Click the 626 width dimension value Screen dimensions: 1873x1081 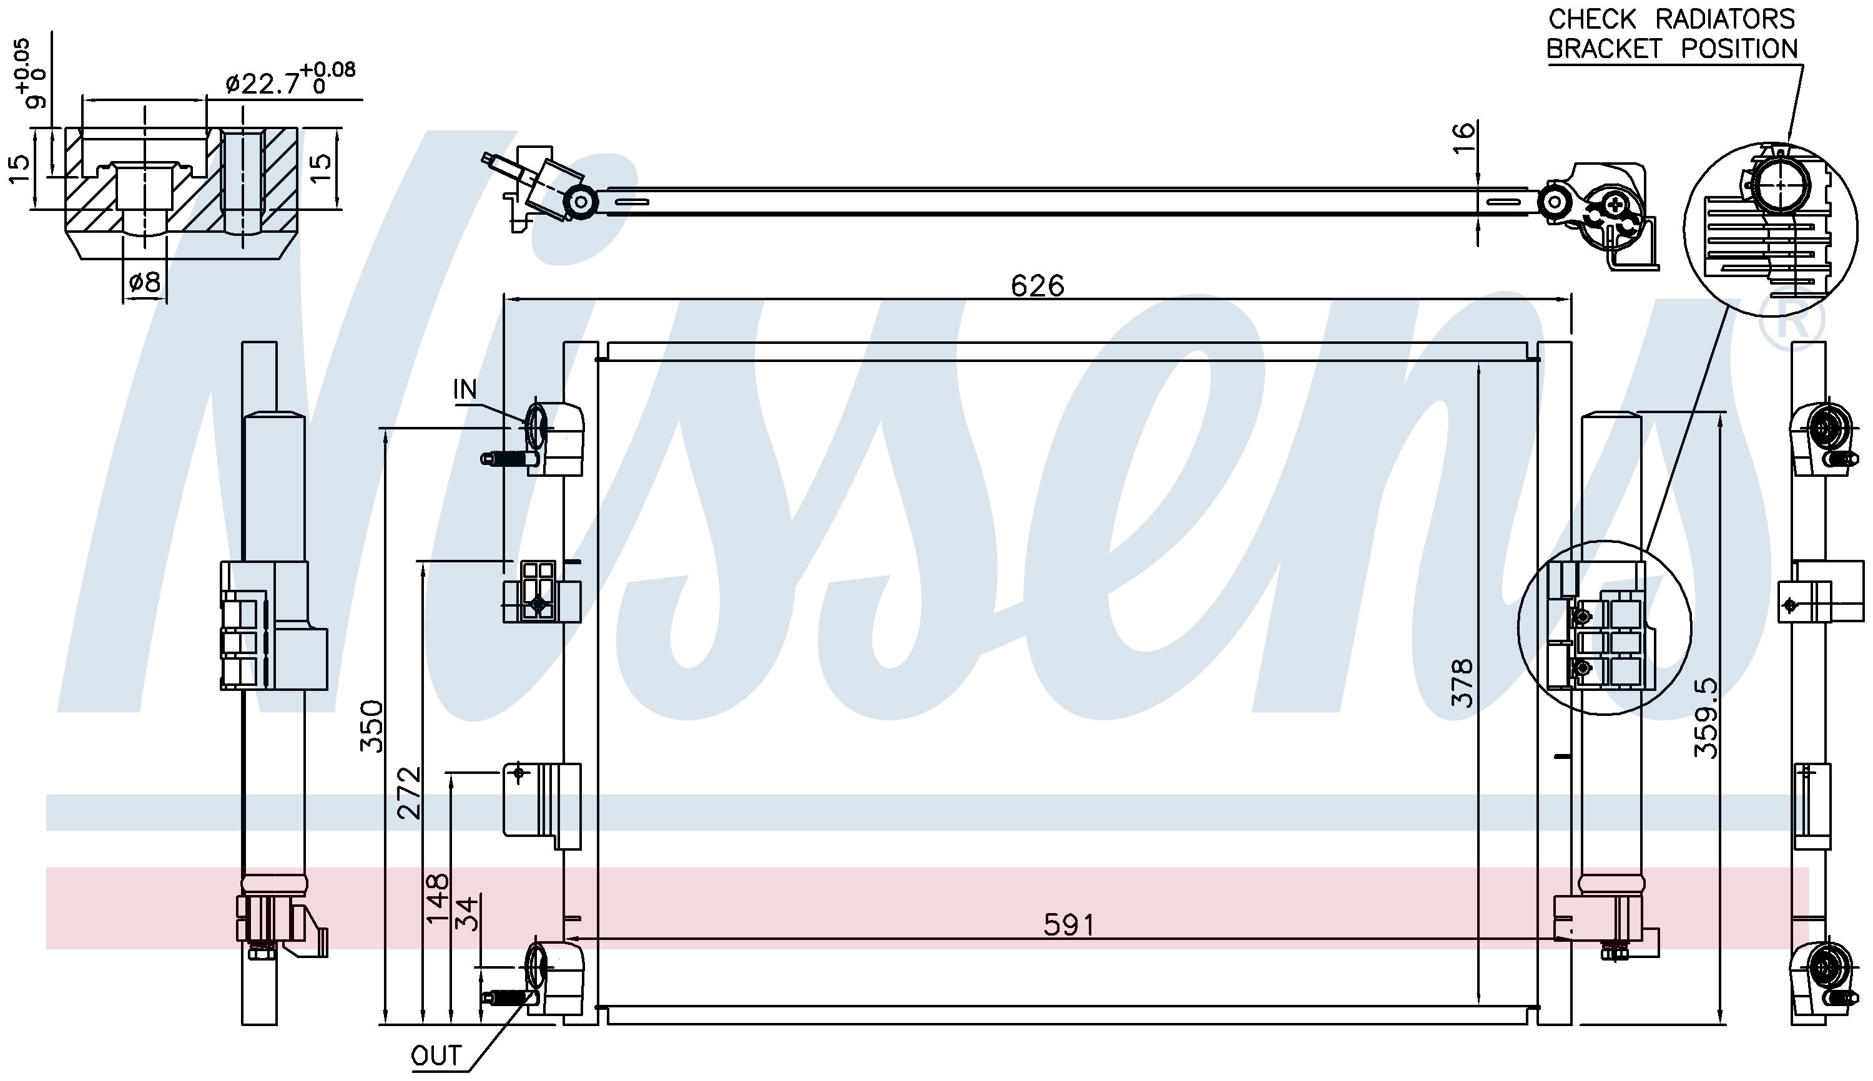click(x=1037, y=285)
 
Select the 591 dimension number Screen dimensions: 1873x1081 click(x=1069, y=924)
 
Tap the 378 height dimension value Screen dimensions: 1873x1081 click(x=1462, y=682)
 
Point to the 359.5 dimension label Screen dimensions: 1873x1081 click(x=1707, y=718)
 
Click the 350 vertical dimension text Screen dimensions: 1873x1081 click(x=371, y=726)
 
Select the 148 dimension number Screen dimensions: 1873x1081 click(x=438, y=898)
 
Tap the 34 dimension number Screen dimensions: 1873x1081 click(x=466, y=914)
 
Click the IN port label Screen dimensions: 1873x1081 click(x=465, y=389)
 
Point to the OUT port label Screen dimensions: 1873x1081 click(x=436, y=1055)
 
